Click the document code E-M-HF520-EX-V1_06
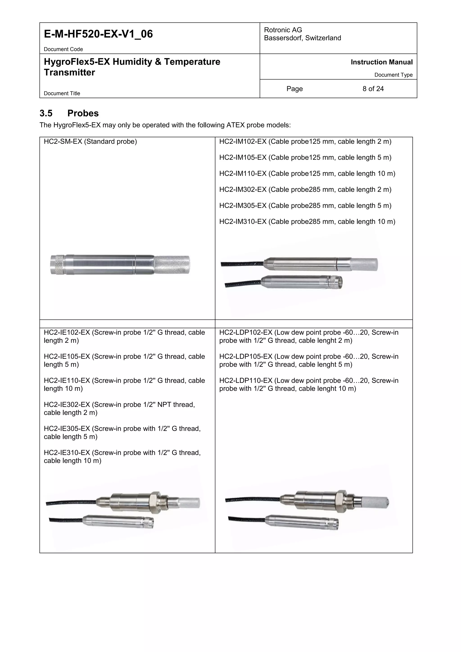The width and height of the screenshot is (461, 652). (98, 34)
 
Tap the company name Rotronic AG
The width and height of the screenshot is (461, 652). (283, 30)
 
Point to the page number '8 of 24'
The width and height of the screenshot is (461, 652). (373, 89)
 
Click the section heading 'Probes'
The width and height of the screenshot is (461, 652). (83, 113)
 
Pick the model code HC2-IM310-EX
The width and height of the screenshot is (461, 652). (243, 222)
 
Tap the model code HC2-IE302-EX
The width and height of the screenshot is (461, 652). (67, 405)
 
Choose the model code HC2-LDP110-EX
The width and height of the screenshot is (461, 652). (246, 381)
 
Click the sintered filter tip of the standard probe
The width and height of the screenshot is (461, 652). (172, 265)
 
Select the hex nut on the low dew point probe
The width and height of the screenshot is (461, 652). (341, 501)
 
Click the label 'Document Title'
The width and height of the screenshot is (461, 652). (62, 93)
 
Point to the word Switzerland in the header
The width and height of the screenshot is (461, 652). (323, 38)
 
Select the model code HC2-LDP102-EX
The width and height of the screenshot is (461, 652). (246, 333)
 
